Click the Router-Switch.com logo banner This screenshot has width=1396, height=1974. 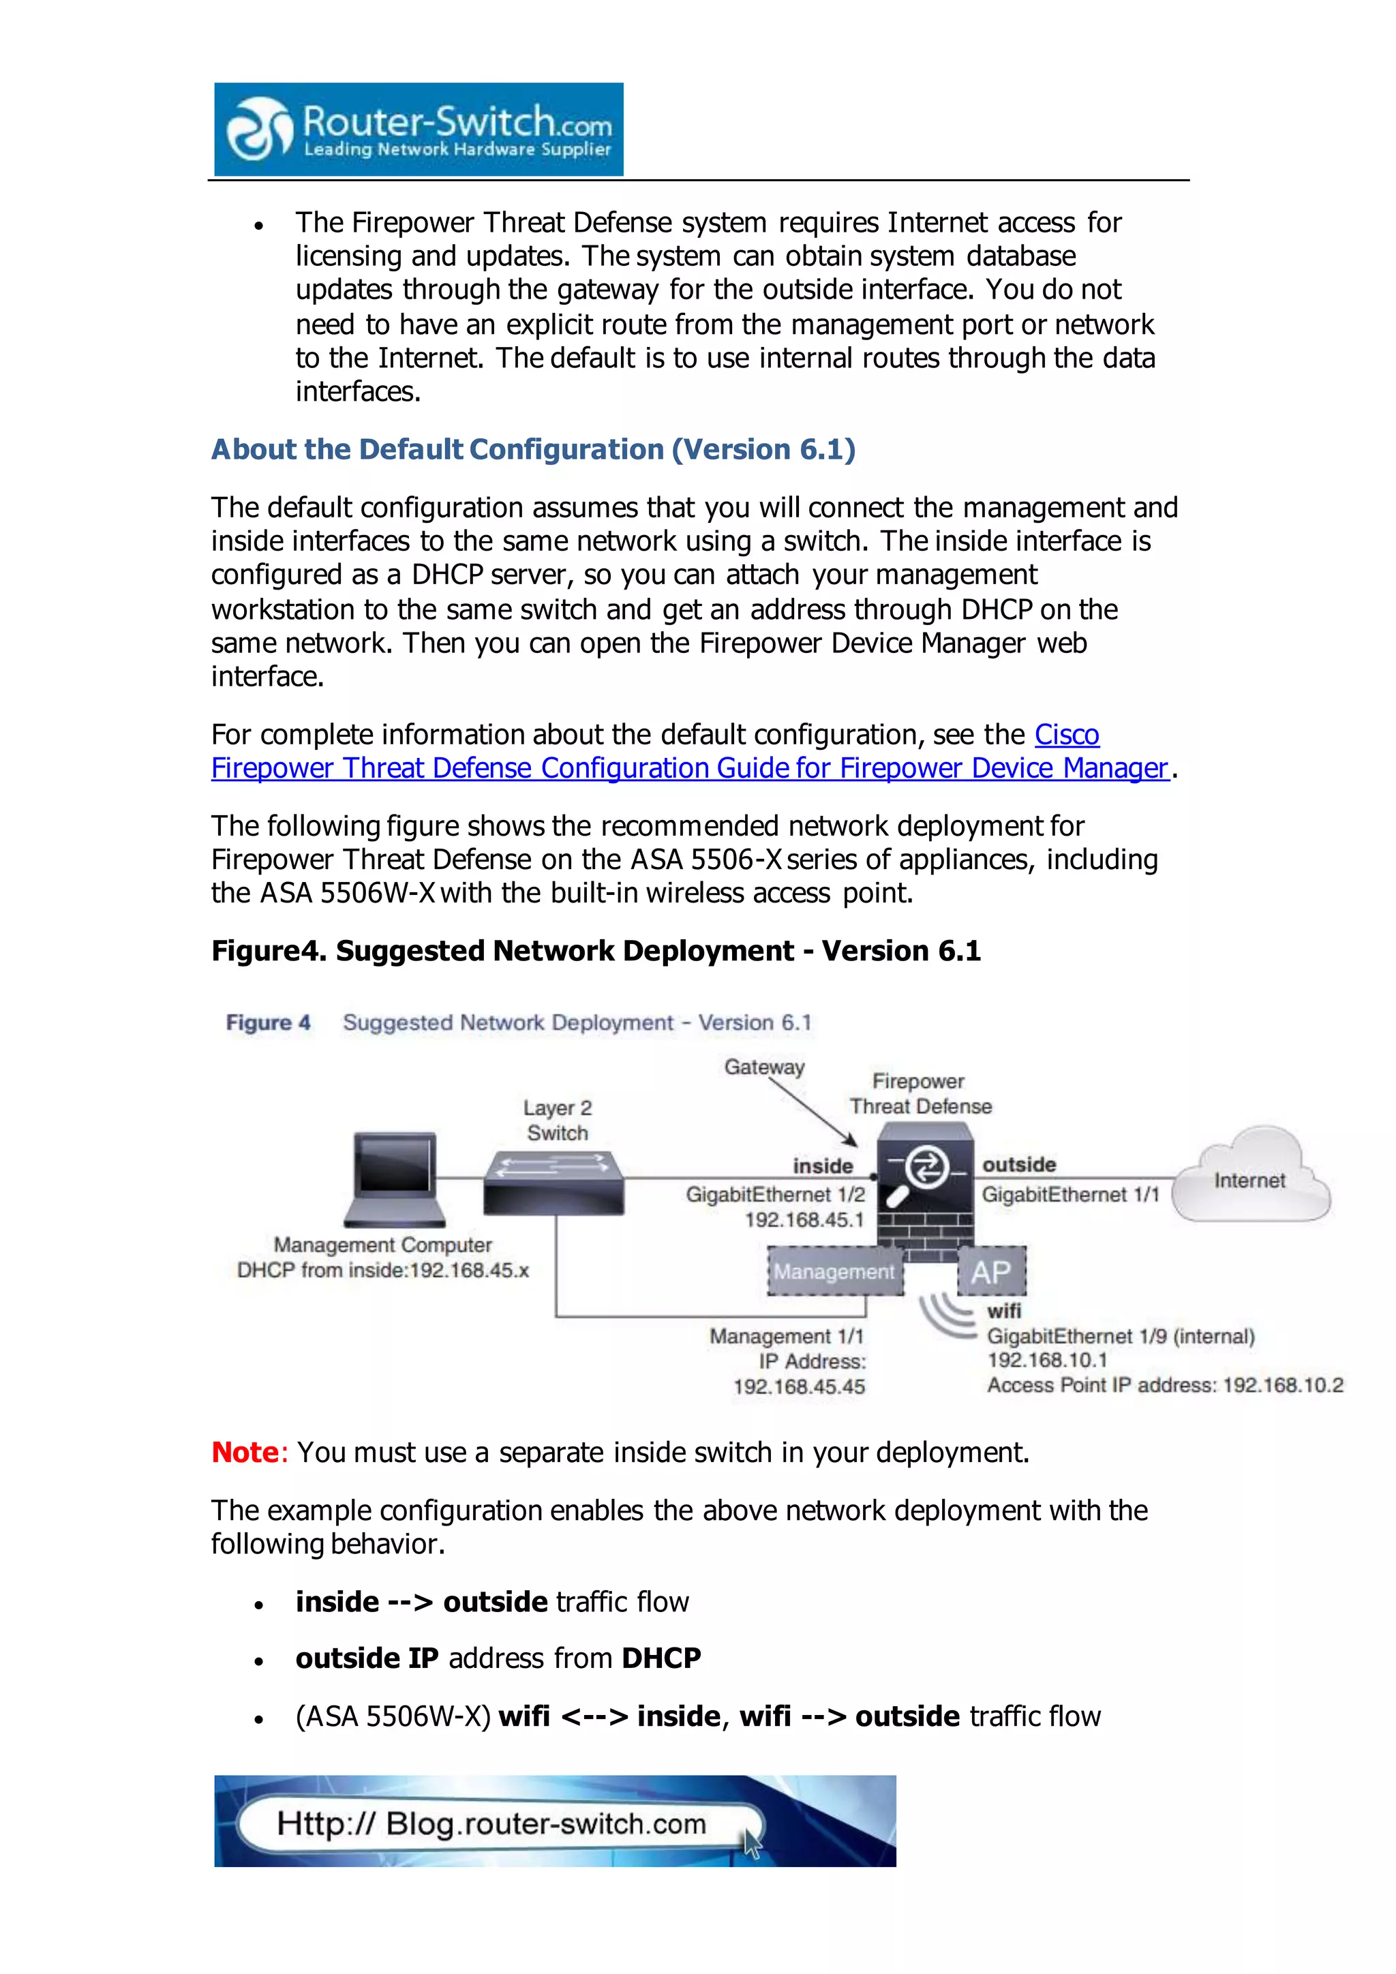419,129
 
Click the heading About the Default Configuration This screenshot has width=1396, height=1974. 533,450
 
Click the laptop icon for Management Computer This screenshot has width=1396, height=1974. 395,1179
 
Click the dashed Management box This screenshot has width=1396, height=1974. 834,1271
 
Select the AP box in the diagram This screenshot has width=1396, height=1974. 991,1271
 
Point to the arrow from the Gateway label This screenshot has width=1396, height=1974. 813,1110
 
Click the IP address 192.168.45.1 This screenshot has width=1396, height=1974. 804,1220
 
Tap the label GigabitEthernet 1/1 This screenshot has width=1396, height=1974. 1070,1194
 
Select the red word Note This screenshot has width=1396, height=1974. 245,1452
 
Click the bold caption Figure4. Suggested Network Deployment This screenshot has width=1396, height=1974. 596,951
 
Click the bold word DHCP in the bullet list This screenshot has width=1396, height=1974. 661,1658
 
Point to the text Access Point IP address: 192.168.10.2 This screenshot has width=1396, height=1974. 1164,1385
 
